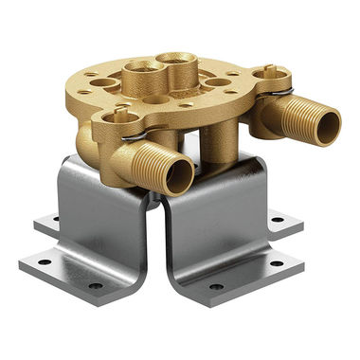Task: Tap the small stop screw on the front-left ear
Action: click(120, 117)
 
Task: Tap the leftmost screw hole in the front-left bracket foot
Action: click(44, 257)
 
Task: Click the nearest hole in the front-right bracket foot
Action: click(216, 286)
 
